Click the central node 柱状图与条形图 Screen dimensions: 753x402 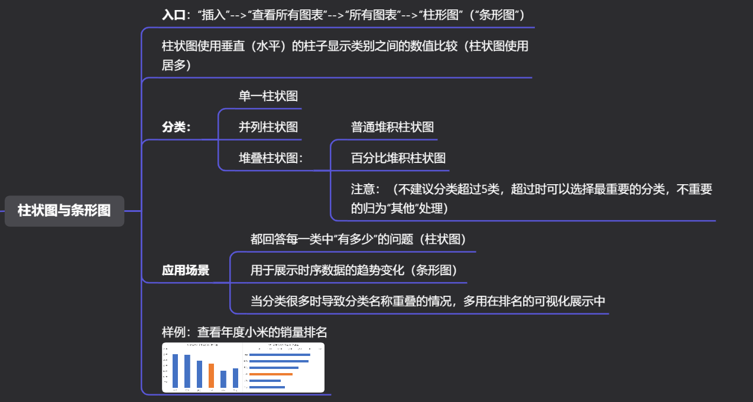point(64,211)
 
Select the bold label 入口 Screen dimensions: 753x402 point(173,15)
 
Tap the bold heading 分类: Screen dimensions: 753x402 point(177,127)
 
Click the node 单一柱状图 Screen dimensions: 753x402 point(268,96)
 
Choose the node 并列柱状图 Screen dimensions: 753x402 point(268,127)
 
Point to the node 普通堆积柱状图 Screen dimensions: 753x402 point(392,127)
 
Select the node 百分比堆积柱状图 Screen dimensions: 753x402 point(398,158)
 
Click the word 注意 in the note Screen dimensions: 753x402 point(363,189)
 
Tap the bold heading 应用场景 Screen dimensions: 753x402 point(186,270)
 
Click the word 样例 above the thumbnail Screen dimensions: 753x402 point(173,332)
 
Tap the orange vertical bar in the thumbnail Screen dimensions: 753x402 point(211,375)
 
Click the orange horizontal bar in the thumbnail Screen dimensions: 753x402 point(271,374)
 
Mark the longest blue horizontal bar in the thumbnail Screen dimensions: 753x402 point(280,355)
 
